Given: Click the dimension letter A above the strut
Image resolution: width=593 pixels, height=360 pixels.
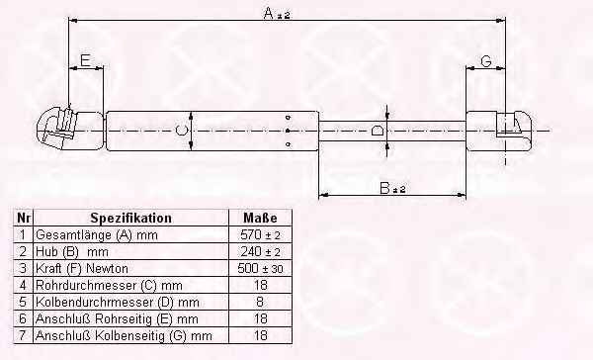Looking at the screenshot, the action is pyautogui.click(x=269, y=13).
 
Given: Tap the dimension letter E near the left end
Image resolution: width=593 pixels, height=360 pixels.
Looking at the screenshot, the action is pyautogui.click(x=86, y=60).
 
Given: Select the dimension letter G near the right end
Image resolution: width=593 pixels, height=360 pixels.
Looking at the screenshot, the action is pyautogui.click(x=486, y=61).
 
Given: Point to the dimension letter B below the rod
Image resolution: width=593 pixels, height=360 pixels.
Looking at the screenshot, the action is pyautogui.click(x=384, y=188).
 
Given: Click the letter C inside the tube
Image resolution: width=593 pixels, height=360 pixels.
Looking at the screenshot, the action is pyautogui.click(x=181, y=131).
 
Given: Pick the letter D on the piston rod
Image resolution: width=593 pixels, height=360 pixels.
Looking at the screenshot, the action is pyautogui.click(x=378, y=131).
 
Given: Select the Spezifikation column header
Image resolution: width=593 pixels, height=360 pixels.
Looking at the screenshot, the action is pyautogui.click(x=130, y=218).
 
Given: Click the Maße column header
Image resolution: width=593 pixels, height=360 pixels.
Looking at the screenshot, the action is pyautogui.click(x=260, y=218).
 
